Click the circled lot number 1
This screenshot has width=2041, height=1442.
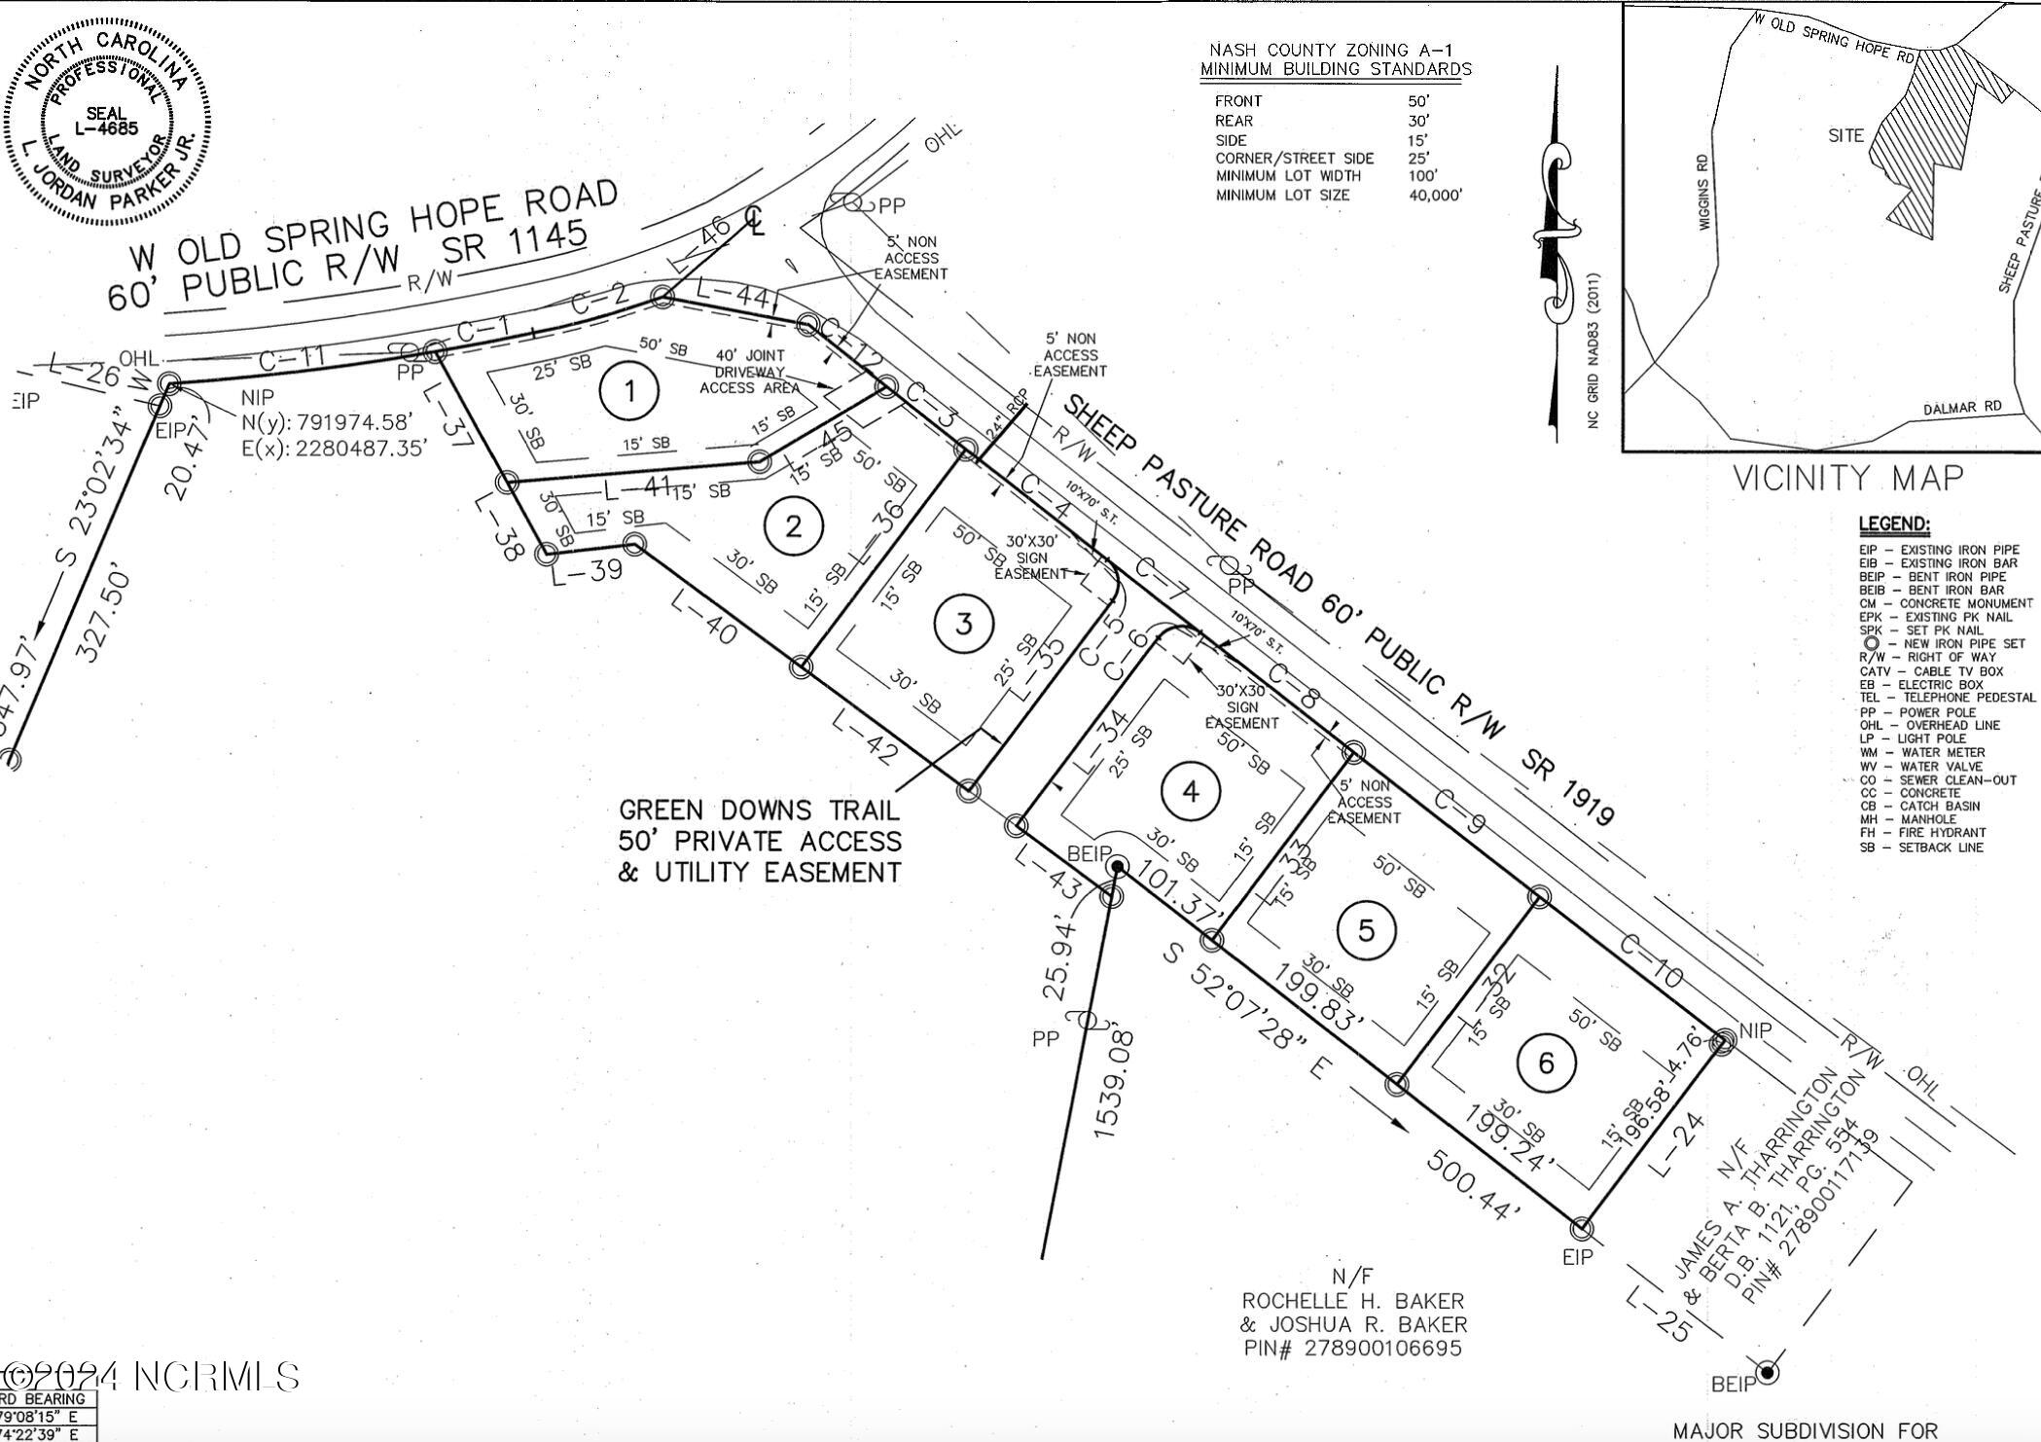tap(629, 392)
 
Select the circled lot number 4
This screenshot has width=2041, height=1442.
tap(1191, 792)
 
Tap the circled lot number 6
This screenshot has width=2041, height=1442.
tap(1546, 1063)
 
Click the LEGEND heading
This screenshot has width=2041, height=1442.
tap(1894, 525)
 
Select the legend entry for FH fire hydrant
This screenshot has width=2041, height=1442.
tap(1922, 833)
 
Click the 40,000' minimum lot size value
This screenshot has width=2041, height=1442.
tap(1436, 196)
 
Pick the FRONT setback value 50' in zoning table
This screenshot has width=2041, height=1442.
tap(1418, 101)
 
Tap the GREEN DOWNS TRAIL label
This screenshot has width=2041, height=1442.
tap(760, 811)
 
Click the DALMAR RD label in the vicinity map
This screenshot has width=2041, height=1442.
tap(1962, 408)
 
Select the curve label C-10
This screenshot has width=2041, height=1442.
tap(1650, 961)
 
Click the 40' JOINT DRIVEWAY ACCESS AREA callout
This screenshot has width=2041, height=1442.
tap(750, 372)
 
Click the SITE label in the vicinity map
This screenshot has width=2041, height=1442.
tap(1845, 136)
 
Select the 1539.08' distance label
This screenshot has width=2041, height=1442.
tap(1110, 1082)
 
